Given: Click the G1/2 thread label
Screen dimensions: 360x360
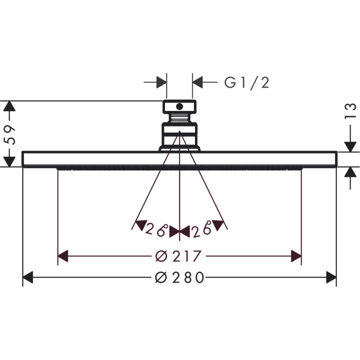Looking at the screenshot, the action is (246, 83).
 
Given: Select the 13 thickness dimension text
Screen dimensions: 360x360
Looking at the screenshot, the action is (350, 111).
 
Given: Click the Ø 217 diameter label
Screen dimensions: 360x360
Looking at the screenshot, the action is (178, 256).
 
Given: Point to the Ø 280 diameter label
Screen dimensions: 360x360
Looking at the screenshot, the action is (179, 277).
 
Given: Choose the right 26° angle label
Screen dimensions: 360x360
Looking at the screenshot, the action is (201, 229).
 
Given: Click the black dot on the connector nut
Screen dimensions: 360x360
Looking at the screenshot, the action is (179, 106).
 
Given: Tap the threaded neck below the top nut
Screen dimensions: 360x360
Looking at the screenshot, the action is (179, 118).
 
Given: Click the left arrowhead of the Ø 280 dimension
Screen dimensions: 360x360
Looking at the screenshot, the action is (28, 277).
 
